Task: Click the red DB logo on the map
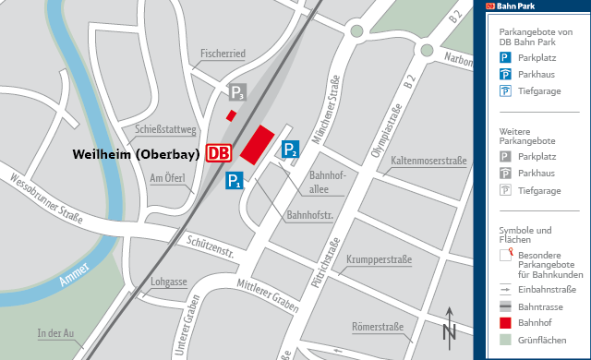[x=220, y=152]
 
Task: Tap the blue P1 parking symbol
[x=235, y=181]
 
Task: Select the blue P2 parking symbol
[x=291, y=149]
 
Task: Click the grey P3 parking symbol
[x=237, y=91]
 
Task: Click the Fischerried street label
[x=223, y=54]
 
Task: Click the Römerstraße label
[x=379, y=327]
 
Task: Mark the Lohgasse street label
[x=169, y=281]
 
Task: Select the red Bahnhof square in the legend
[x=505, y=322]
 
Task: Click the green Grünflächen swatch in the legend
[x=505, y=341]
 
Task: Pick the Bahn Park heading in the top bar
[x=517, y=6]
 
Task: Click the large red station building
[x=259, y=143]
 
